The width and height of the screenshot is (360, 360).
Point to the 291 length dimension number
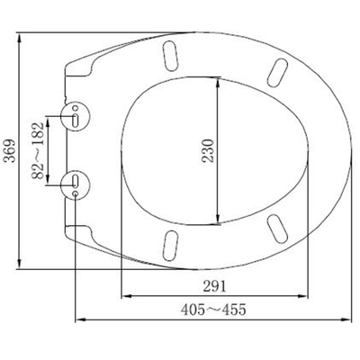point(214,285)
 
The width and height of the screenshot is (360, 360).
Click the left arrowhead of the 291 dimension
point(124,294)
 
